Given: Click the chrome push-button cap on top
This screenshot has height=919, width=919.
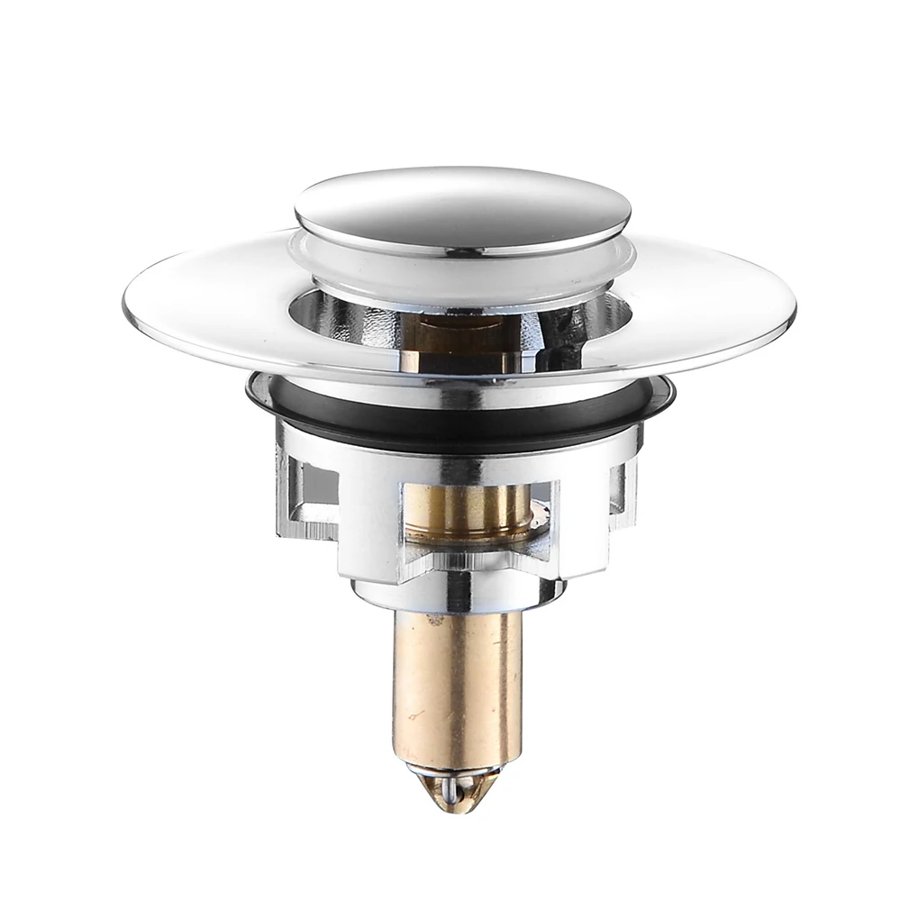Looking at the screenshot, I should pyautogui.click(x=462, y=207).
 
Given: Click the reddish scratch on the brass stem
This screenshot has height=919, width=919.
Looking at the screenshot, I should pyautogui.click(x=416, y=716).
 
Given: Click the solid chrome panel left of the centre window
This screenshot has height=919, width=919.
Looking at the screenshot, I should pyautogui.click(x=369, y=523).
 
